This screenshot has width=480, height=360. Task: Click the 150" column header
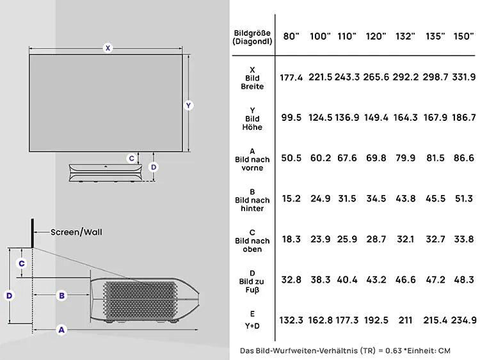[x=464, y=36]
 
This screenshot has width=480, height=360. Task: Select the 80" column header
[x=291, y=36]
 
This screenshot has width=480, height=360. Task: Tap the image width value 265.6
[x=376, y=77]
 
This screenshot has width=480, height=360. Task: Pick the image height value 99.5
[x=291, y=118]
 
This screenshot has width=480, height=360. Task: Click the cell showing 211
[x=405, y=320]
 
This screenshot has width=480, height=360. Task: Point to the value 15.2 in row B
[x=291, y=198]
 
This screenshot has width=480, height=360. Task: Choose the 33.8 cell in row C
[x=464, y=239]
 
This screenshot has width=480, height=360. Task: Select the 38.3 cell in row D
[x=320, y=279]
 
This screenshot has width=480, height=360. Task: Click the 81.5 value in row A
[x=435, y=158]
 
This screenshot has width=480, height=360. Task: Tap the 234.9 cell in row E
[x=464, y=320]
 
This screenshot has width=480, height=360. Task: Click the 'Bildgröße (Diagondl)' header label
[x=252, y=37]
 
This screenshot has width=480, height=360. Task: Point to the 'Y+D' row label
[x=252, y=326]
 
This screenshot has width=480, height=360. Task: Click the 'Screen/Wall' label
[x=76, y=232]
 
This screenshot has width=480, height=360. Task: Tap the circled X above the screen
[x=108, y=48]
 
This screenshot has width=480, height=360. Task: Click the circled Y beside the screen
[x=188, y=106]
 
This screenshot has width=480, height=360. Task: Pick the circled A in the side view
[x=61, y=330]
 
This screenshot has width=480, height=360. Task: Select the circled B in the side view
[x=62, y=295]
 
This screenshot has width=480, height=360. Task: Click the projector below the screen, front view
[x=106, y=173]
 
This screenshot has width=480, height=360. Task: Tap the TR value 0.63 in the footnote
[x=394, y=350]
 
